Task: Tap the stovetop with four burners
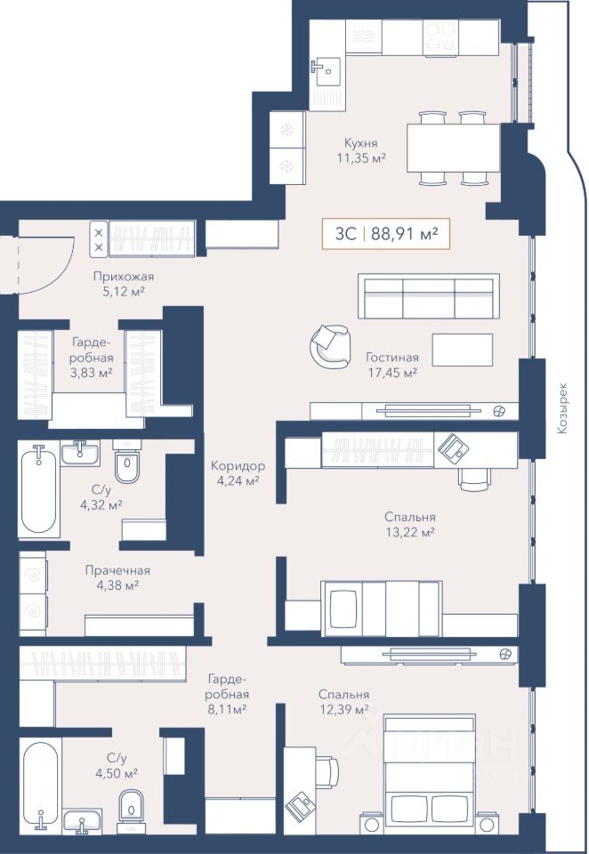[440, 37]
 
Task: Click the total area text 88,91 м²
[405, 234]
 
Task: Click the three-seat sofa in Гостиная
[429, 296]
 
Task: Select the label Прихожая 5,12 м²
[123, 284]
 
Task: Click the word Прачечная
[117, 570]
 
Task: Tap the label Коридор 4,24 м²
[238, 473]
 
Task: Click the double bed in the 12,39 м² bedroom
[429, 775]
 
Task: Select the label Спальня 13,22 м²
[410, 525]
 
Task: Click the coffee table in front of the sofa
[463, 350]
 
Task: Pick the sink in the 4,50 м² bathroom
[82, 822]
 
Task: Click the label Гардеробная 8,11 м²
[228, 694]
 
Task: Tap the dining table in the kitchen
[454, 148]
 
